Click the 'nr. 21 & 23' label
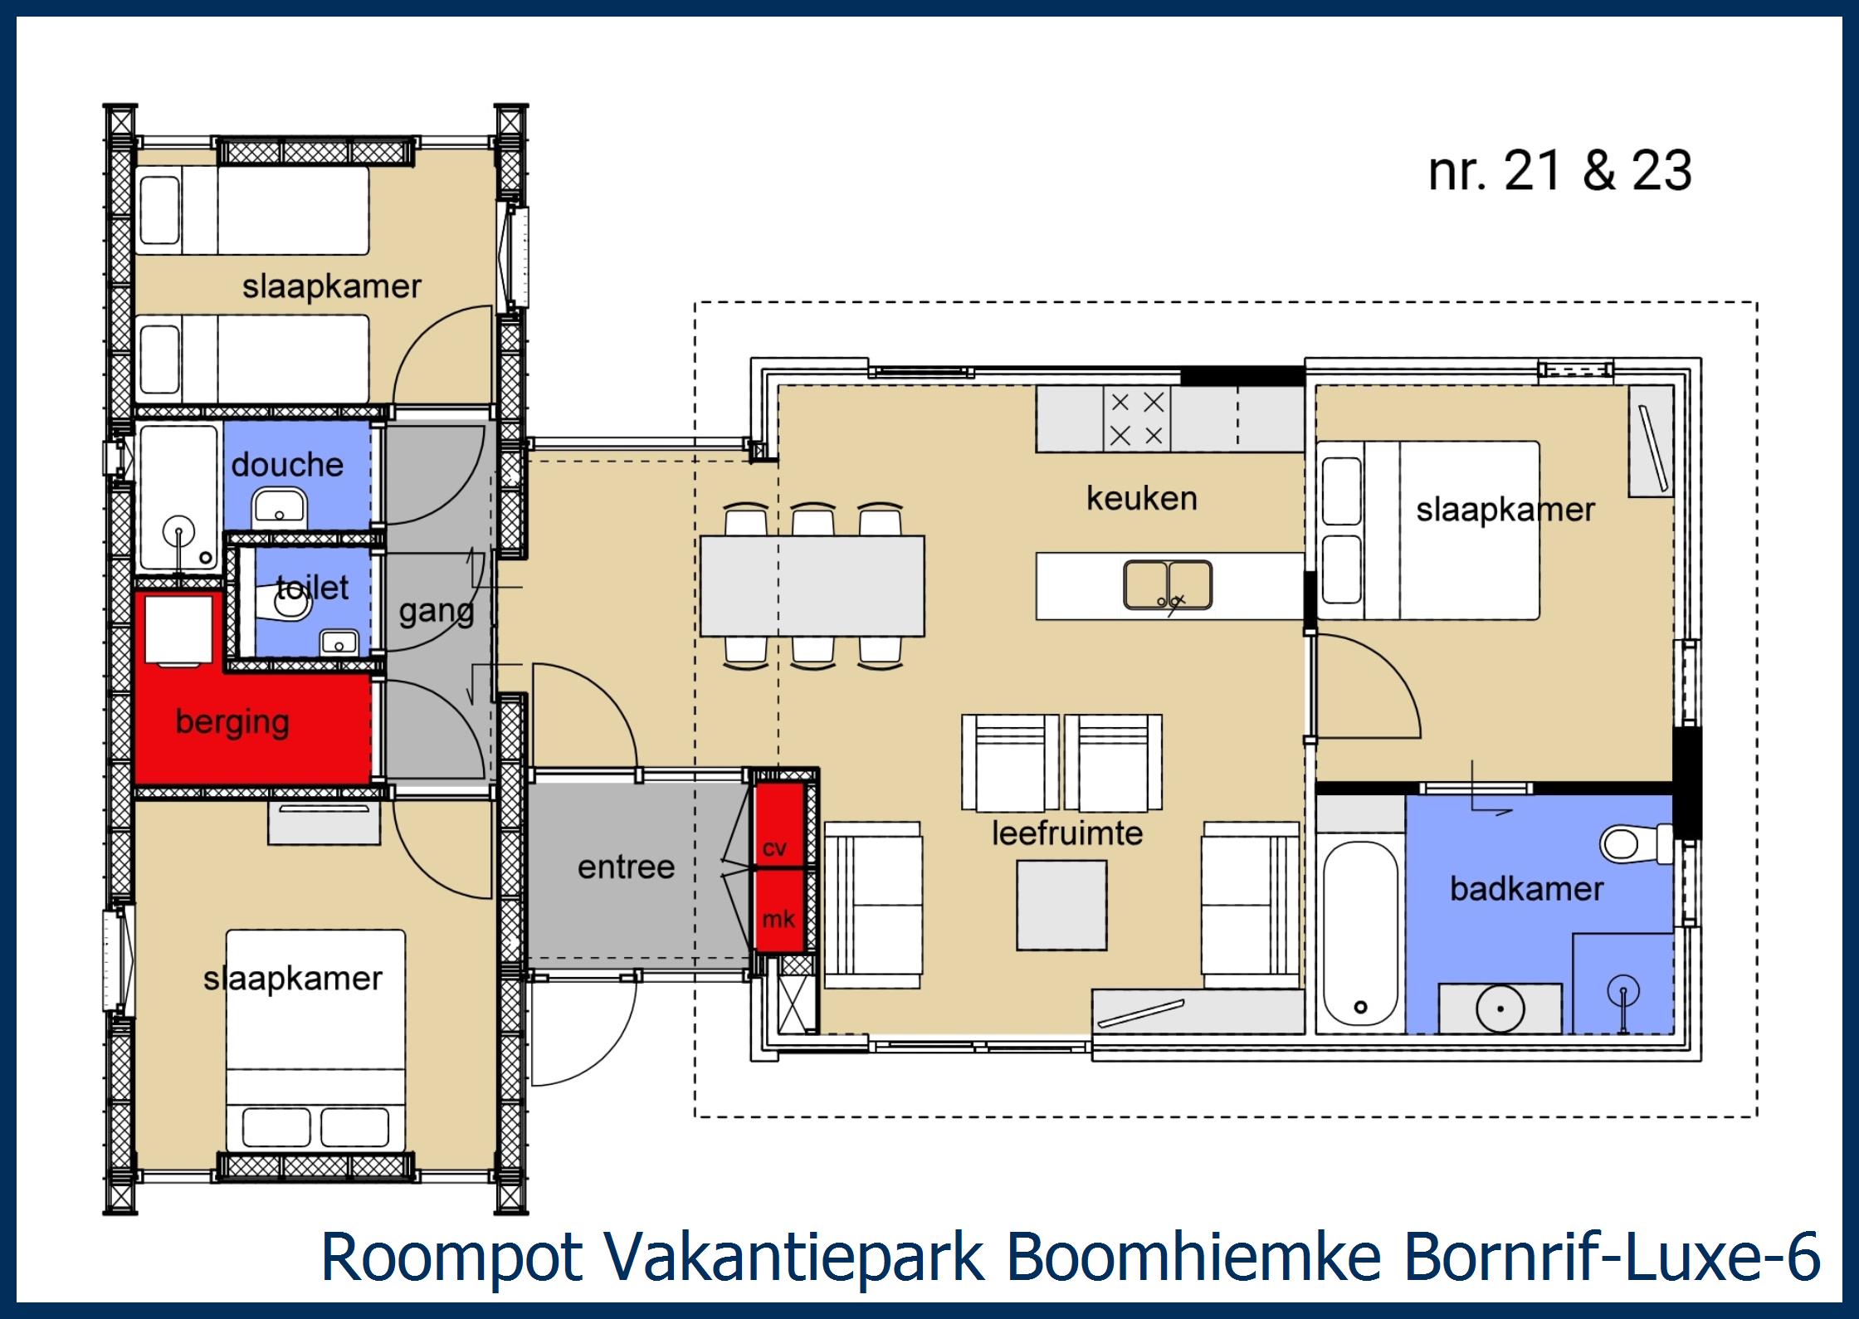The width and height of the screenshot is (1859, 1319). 1559,171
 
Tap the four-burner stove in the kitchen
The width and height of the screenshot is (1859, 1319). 1136,419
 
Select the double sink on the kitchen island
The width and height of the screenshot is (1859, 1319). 1168,584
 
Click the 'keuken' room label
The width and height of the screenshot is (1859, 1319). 1142,498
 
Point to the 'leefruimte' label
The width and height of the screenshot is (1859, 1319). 1067,833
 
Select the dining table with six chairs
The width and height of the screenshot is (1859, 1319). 812,586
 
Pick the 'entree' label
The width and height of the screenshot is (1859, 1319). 626,867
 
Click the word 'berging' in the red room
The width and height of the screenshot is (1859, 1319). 232,721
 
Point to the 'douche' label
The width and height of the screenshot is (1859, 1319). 287,465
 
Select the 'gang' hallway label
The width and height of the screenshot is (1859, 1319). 437,612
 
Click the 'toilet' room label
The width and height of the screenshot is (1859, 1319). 312,588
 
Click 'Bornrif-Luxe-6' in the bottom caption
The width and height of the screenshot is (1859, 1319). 1612,1258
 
